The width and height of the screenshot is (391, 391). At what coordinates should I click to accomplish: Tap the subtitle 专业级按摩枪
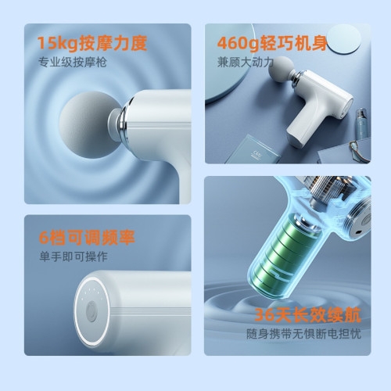click(73, 63)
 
